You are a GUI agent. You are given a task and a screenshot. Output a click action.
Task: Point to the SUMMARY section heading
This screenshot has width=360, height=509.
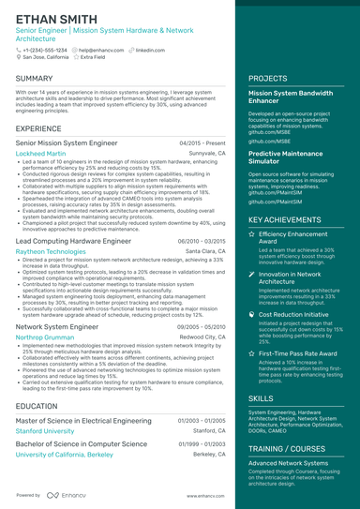tap(35, 78)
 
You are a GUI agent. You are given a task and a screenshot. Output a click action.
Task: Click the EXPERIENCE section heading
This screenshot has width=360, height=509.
tap(39, 127)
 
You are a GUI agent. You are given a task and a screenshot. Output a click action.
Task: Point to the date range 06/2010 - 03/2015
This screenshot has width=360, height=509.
tap(202, 241)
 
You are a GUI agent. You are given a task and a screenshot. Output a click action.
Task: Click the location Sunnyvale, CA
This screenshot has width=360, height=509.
tap(207, 152)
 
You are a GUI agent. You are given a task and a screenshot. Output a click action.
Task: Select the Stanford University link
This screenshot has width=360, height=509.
tap(45, 431)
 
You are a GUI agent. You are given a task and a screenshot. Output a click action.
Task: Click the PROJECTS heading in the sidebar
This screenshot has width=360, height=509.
tap(268, 78)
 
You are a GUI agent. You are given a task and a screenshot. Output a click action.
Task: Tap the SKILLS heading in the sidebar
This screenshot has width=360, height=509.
tap(262, 398)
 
